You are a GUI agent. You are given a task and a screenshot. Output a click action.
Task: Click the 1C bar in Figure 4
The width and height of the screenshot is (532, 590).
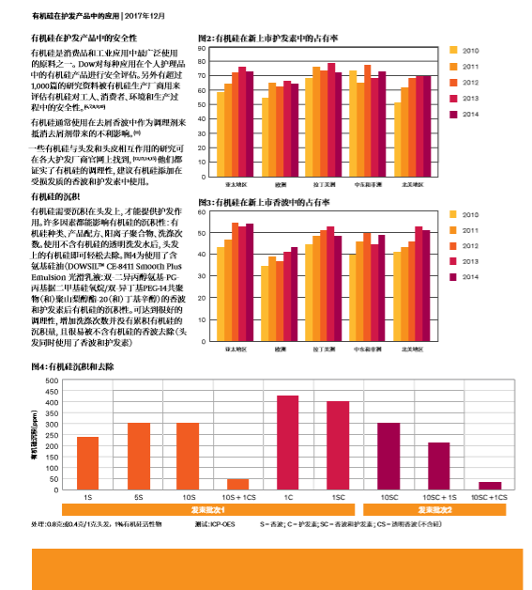point(287,442)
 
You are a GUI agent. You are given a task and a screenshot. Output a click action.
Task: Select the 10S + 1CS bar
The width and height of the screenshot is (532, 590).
point(237,484)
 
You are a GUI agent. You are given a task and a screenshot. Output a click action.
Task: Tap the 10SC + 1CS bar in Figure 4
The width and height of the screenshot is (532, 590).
point(490,486)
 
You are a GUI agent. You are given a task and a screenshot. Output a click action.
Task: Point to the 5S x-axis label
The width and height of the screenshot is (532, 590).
point(138,495)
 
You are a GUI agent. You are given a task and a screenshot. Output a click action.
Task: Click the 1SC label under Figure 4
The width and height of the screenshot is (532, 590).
point(338,495)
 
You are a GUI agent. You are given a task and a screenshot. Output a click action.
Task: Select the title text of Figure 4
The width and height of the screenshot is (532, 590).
point(72,365)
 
